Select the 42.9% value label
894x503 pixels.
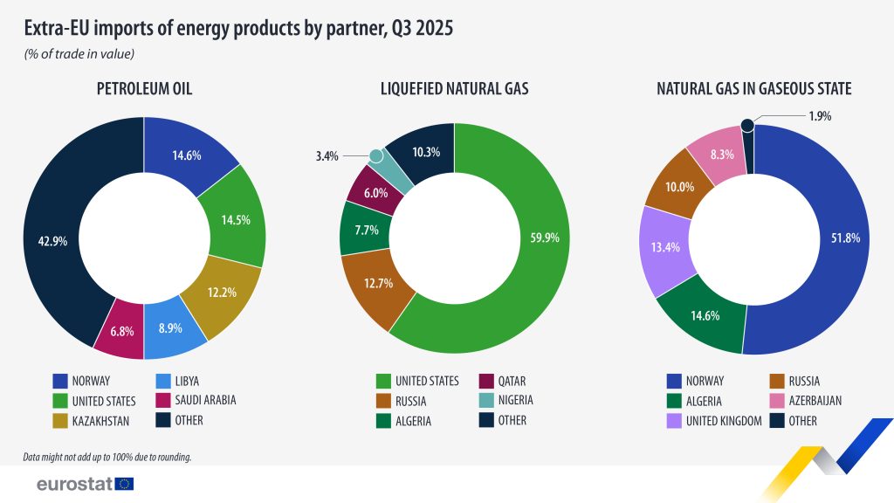click(x=52, y=242)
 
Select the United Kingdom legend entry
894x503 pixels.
click(x=724, y=421)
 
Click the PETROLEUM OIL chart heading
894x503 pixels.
click(x=144, y=88)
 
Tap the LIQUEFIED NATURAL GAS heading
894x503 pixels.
click(x=454, y=88)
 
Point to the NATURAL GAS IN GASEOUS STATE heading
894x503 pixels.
click(x=753, y=88)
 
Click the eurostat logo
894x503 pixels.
click(x=85, y=483)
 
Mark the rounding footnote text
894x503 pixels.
click(x=107, y=457)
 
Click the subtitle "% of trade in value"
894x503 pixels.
click(x=79, y=54)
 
